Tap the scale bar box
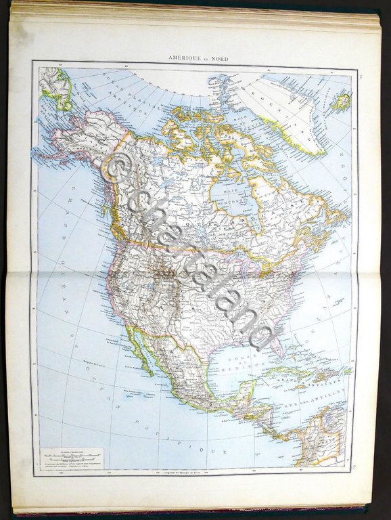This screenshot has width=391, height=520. coord(71,460)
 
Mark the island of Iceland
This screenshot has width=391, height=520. coord(341,102)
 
